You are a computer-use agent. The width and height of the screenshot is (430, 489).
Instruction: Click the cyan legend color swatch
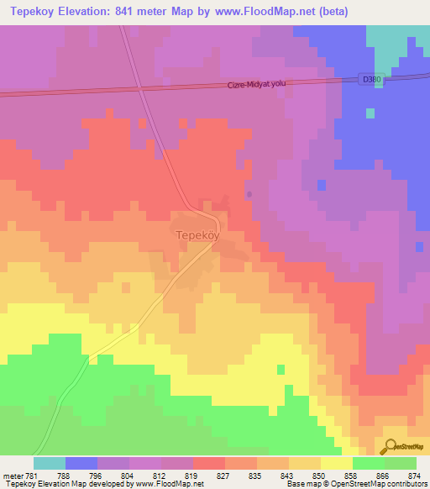click(50, 463)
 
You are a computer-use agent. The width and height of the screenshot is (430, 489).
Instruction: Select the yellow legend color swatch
click(337, 463)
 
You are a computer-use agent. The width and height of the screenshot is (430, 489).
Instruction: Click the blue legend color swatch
click(81, 463)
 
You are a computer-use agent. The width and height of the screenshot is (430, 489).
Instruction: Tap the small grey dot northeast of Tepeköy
click(249, 195)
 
